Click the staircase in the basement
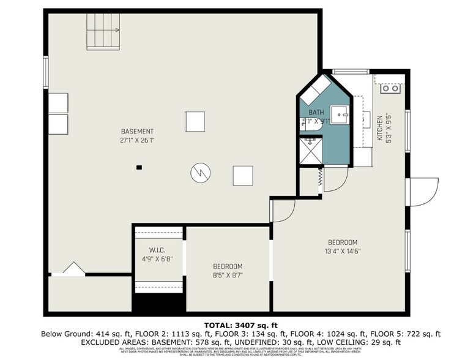102,32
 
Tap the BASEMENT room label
137,132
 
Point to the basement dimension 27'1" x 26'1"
137,140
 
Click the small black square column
140,167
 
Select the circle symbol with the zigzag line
199,173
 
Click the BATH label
316,113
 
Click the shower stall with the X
310,150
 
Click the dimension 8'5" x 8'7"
228,276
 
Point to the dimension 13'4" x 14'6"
342,251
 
